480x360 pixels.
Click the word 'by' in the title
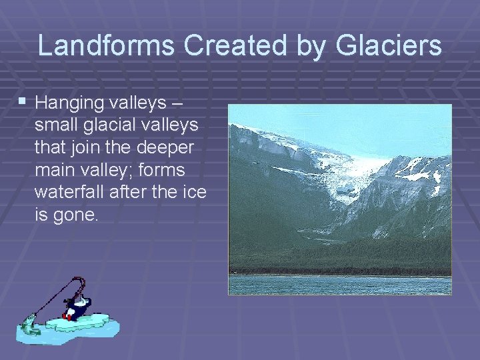[x=304, y=46]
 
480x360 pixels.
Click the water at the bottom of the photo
[x=340, y=285]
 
